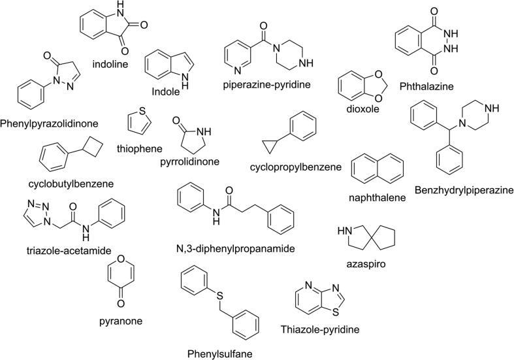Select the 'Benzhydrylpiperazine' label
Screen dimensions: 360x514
[463, 189]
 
